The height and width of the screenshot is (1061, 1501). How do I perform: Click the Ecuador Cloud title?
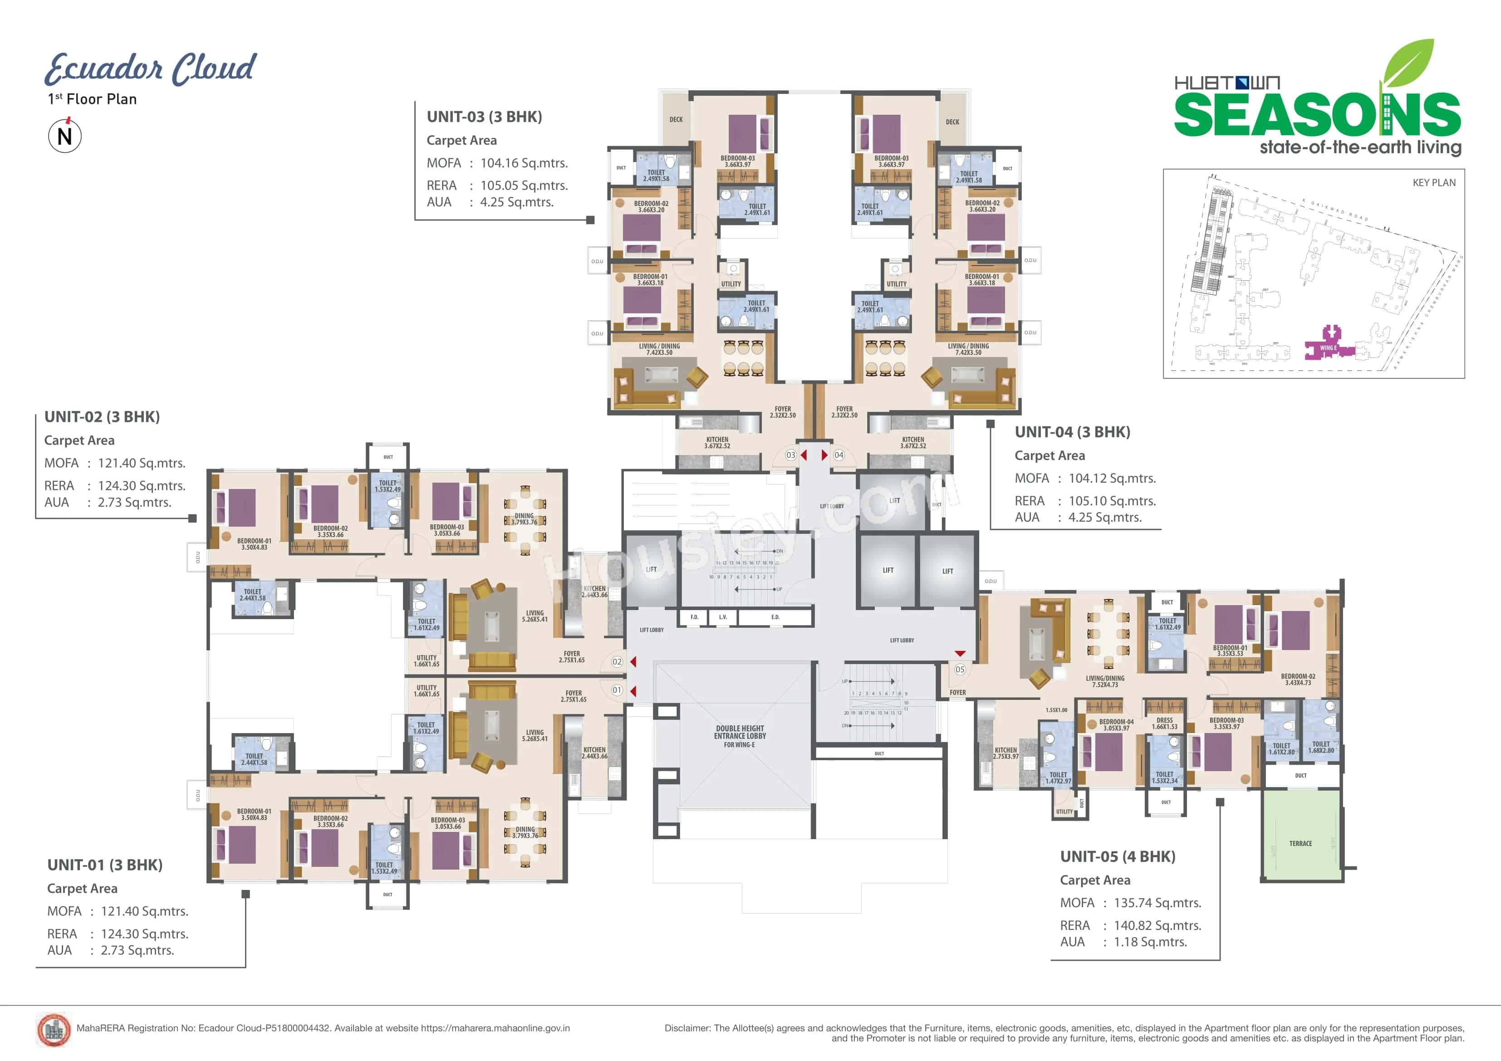click(150, 68)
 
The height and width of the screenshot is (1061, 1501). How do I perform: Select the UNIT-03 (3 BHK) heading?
click(484, 117)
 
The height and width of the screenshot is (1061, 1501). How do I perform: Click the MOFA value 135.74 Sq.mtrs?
click(1157, 903)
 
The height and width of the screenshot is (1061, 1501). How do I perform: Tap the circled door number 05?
click(960, 670)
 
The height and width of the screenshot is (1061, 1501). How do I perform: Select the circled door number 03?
click(790, 455)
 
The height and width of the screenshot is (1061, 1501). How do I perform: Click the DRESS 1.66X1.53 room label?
click(1164, 724)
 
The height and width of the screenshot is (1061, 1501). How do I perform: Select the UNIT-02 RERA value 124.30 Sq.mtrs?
click(141, 486)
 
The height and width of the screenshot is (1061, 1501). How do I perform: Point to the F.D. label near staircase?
click(694, 617)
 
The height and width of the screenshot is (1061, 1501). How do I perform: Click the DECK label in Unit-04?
click(952, 122)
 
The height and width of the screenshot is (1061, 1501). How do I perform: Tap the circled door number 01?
click(617, 690)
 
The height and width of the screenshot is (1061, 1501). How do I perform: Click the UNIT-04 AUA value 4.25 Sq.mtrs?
click(1105, 517)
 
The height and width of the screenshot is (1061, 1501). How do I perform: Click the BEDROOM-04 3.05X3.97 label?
click(1116, 725)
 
